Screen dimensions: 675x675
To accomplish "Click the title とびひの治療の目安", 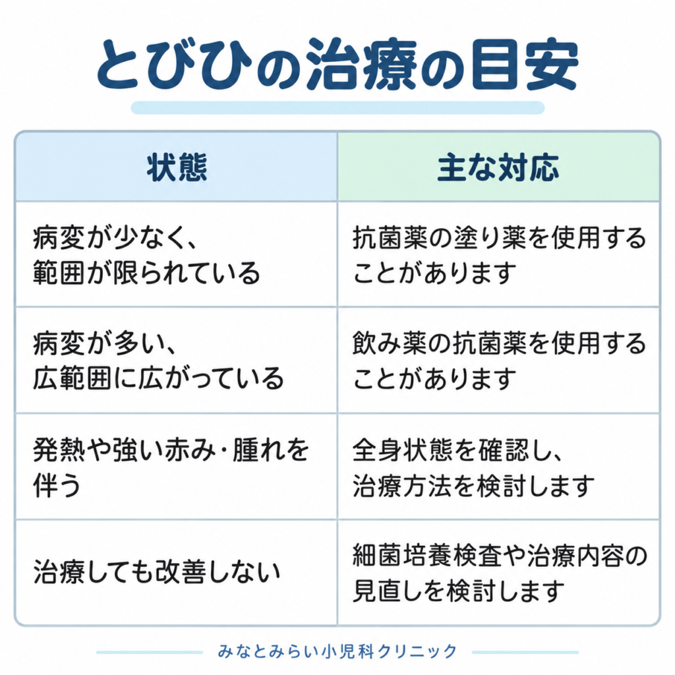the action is [x=337, y=65].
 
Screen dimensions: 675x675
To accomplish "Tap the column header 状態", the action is [x=177, y=167].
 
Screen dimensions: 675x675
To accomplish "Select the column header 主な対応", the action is [x=498, y=167].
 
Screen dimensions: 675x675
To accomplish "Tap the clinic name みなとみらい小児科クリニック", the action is [x=337, y=651].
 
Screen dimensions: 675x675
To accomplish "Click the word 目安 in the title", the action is [x=525, y=65].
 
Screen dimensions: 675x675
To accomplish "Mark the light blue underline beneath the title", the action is [x=338, y=107].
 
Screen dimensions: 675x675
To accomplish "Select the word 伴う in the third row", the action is [x=57, y=485].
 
